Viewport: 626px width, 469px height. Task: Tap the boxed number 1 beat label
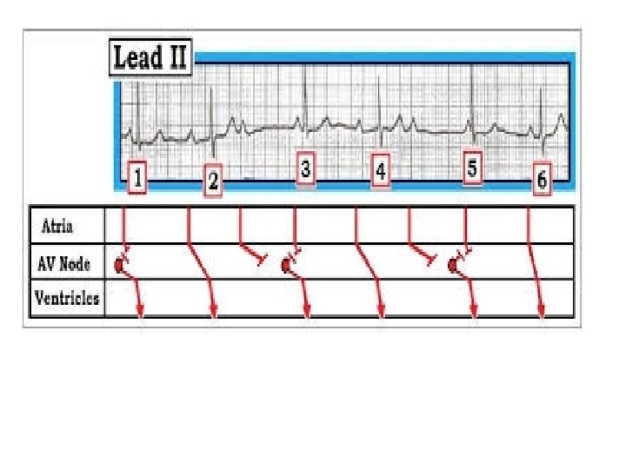138,179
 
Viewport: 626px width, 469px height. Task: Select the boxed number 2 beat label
213,182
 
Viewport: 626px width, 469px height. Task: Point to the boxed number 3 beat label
304,168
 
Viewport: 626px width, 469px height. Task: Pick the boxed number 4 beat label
380,172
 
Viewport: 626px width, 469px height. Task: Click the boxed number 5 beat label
472,168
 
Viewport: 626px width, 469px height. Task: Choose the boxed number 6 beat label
542,180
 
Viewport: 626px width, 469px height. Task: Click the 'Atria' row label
58,227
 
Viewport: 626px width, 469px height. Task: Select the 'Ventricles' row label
67,300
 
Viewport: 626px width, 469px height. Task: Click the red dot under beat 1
119,265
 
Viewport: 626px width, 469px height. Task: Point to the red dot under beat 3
286,265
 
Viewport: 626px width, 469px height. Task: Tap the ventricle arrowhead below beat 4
380,314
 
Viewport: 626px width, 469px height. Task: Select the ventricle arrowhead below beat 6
543,314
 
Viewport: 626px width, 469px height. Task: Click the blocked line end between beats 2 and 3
263,260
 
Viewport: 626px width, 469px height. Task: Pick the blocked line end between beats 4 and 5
430,260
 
